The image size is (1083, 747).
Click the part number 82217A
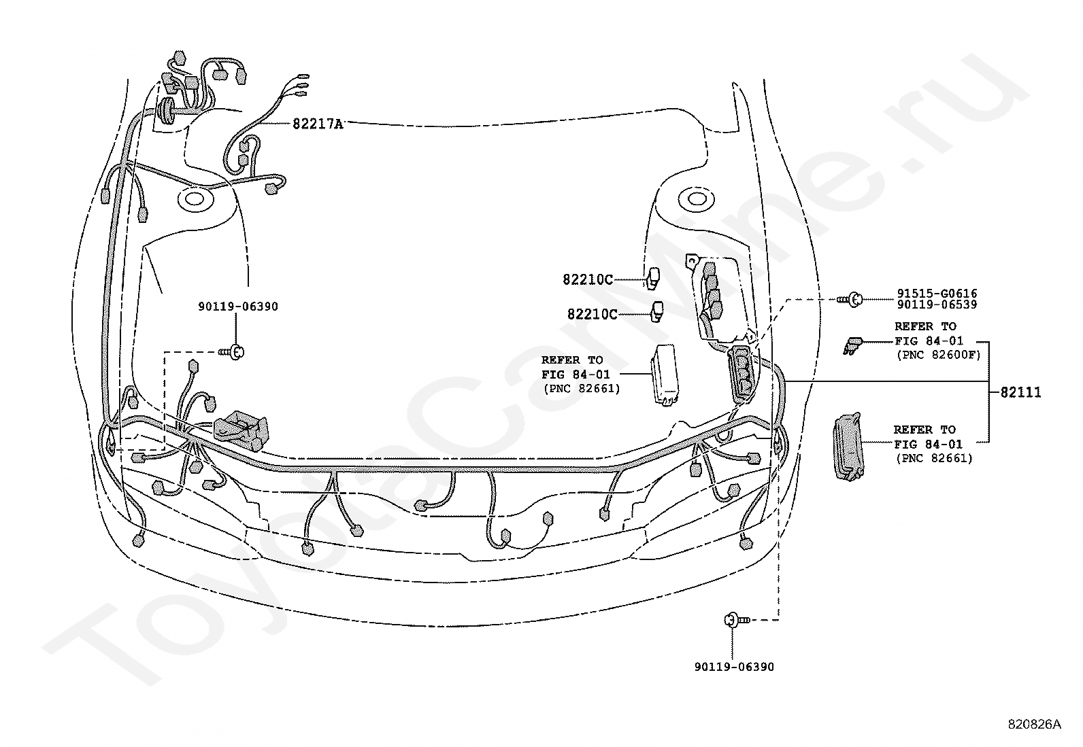(318, 124)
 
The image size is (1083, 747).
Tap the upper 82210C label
(588, 279)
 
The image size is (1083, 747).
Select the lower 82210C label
(593, 314)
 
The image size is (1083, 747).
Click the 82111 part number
(1020, 392)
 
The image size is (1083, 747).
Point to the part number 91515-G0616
(936, 294)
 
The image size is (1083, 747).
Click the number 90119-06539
(936, 305)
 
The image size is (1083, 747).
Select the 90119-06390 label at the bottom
(734, 667)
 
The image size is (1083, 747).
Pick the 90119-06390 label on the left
(238, 307)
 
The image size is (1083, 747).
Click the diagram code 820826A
(1034, 724)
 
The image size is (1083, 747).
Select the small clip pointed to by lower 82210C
(657, 311)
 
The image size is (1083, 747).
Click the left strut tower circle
(194, 199)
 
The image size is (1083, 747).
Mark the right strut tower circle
(695, 199)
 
